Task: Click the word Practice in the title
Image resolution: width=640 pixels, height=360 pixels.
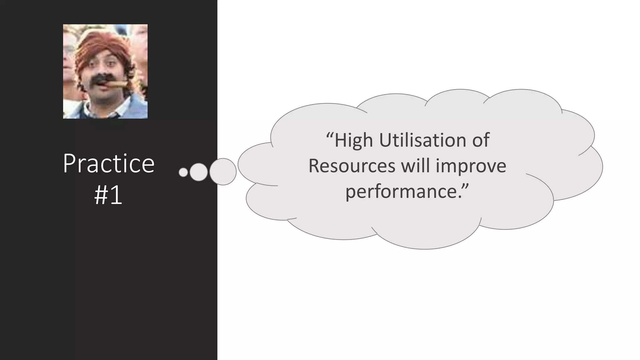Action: [x=108, y=163]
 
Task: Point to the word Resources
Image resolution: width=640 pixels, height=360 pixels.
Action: [x=352, y=166]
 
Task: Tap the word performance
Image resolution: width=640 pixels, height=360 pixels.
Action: [x=401, y=191]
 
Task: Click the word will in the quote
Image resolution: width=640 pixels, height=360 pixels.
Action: [x=415, y=165]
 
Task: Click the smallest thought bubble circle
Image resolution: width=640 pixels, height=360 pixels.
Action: [x=183, y=172]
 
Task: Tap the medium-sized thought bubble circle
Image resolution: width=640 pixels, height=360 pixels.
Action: [x=198, y=172]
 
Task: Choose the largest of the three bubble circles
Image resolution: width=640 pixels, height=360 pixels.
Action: [x=223, y=172]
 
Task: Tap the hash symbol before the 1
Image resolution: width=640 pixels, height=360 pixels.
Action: [x=101, y=196]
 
